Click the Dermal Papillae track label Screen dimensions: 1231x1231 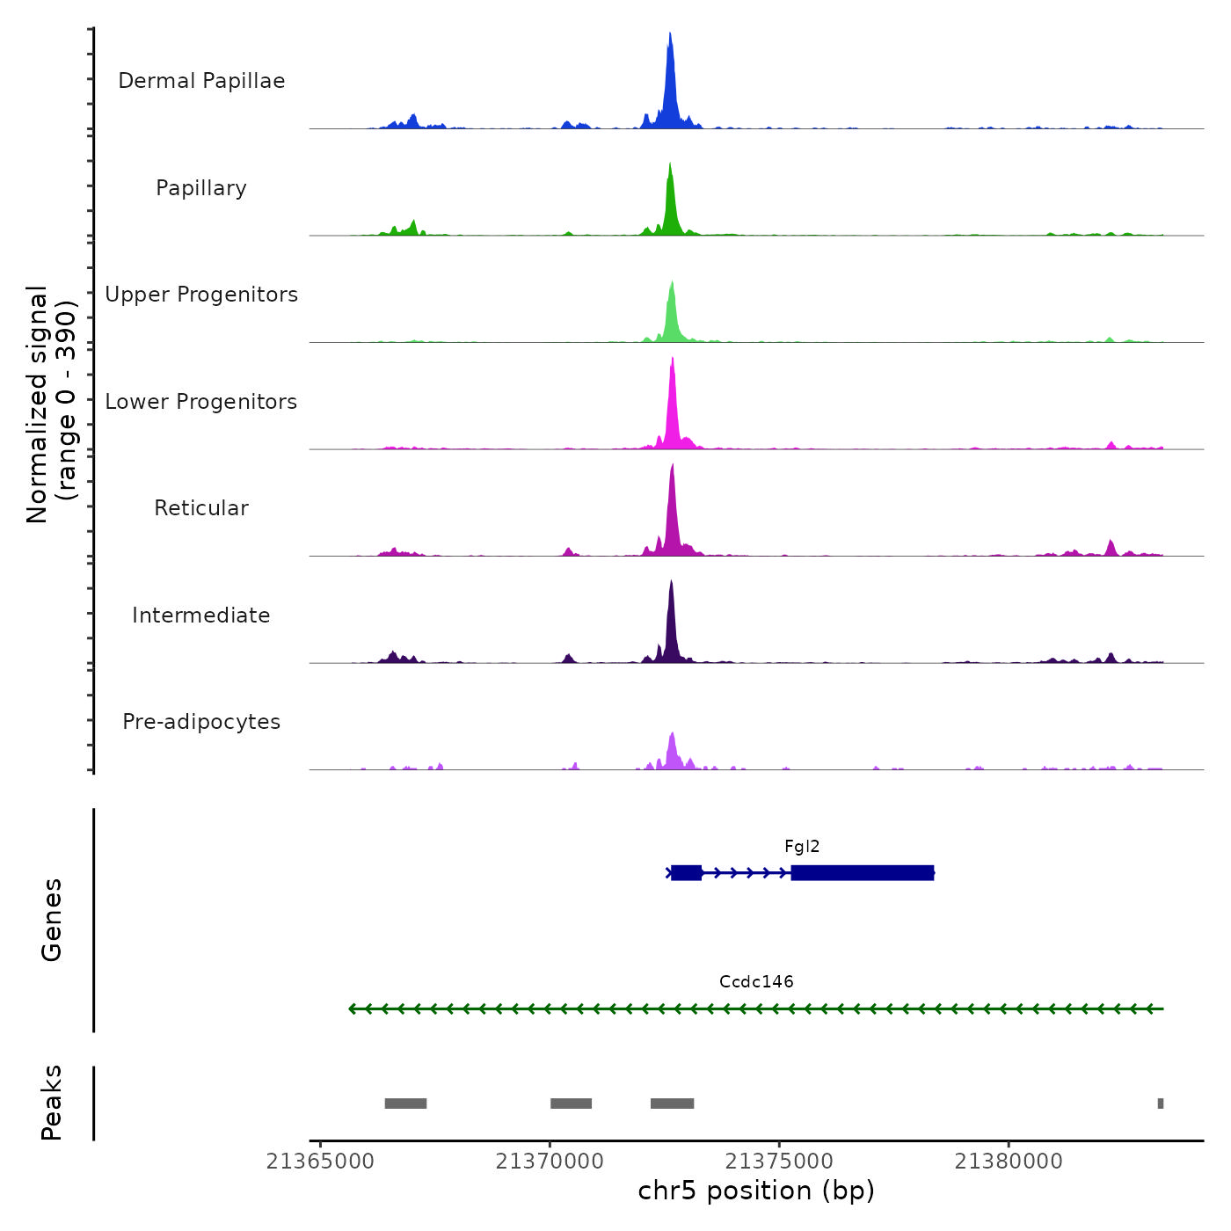click(201, 81)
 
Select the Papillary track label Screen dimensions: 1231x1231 click(201, 188)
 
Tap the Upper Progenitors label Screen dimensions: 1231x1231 click(201, 295)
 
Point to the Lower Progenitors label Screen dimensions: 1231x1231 click(201, 402)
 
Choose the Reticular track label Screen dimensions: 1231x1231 click(201, 508)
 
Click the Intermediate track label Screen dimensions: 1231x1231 click(201, 615)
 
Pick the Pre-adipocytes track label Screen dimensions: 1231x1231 click(201, 722)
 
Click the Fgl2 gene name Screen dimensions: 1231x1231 click(802, 847)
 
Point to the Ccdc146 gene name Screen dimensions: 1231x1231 click(756, 982)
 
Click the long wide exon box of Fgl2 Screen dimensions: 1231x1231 click(862, 873)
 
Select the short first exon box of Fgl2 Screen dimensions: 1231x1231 click(686, 873)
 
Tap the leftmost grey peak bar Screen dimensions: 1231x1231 click(405, 1104)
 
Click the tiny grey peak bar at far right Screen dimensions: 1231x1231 click(1161, 1104)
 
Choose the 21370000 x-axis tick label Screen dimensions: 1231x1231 click(550, 1162)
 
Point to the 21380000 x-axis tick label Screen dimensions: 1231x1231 click(1009, 1162)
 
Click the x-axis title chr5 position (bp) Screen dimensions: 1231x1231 click(756, 1191)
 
